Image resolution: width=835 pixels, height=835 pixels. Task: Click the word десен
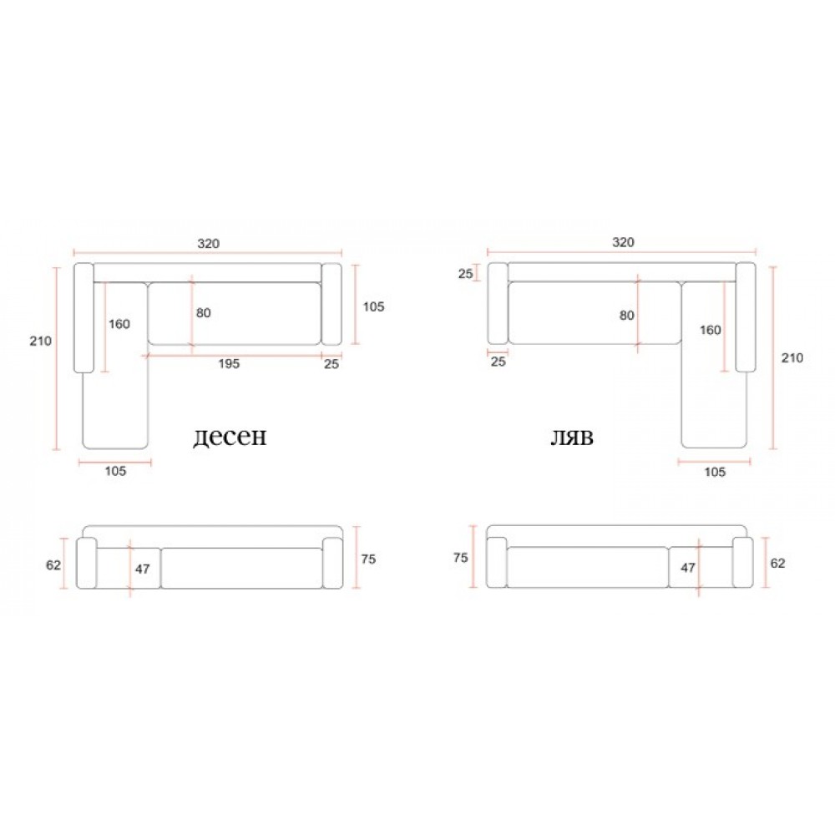230,437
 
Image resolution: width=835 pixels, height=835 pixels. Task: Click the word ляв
571,438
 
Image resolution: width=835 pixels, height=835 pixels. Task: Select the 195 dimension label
229,364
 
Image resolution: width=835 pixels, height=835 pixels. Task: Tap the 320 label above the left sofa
208,243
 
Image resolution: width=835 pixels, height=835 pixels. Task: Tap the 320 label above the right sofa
623,242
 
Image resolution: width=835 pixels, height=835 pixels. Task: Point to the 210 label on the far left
40,341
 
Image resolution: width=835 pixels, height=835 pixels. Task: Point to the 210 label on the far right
792,358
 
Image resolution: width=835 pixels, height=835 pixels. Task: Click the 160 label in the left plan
119,324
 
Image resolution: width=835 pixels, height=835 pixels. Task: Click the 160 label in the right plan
710,330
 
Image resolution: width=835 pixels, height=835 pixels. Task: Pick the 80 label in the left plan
204,312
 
